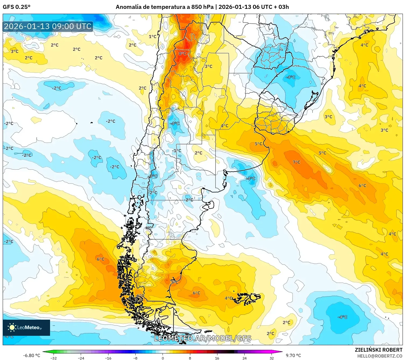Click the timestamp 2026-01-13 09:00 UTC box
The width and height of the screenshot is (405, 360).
coord(48,26)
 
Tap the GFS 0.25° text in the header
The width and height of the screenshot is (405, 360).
coord(16,7)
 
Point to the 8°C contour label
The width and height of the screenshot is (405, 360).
coord(182,54)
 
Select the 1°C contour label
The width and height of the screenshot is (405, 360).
coord(153,37)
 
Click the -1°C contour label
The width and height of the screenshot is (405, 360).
coord(177,151)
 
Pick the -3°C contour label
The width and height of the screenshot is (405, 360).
coord(153,176)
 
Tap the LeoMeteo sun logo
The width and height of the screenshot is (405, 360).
coord(12,327)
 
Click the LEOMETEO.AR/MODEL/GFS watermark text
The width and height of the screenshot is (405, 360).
coord(203,338)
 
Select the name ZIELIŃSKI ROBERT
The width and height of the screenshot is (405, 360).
coord(378,350)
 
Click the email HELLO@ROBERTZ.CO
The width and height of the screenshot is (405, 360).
coord(379,356)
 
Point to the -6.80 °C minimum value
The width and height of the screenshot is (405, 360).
coord(31,355)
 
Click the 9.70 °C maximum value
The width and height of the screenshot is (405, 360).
coord(293,355)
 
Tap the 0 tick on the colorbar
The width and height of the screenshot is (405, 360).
coord(163,358)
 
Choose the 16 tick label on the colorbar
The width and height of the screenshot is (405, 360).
coord(217,358)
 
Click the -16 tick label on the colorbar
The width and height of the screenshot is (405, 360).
coord(108,358)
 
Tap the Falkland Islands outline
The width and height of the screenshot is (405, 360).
coord(246,298)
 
